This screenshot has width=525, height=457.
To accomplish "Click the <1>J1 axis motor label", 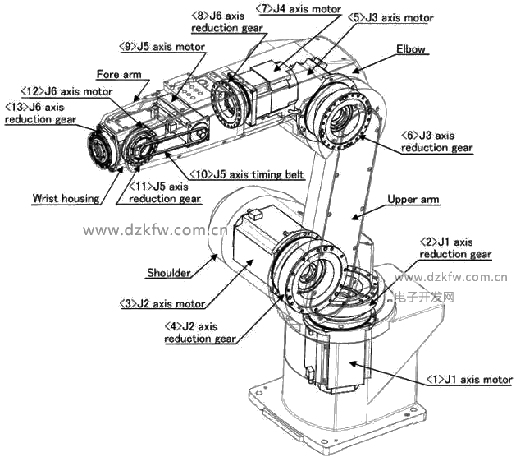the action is pyautogui.click(x=469, y=380).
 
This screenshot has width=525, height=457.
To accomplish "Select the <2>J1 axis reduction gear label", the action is pyautogui.click(x=455, y=248).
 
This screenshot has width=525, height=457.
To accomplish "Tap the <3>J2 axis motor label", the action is pyautogui.click(x=162, y=303).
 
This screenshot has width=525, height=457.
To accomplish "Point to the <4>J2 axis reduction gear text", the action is pyautogui.click(x=200, y=333).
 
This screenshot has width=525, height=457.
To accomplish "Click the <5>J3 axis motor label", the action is pyautogui.click(x=390, y=18).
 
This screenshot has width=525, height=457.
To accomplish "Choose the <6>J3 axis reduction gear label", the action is pyautogui.click(x=437, y=141).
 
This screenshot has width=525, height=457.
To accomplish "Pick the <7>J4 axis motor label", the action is pyautogui.click(x=299, y=9).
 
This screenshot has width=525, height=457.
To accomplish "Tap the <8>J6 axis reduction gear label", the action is pyautogui.click(x=227, y=22).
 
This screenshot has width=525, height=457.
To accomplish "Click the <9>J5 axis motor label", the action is pyautogui.click(x=162, y=47).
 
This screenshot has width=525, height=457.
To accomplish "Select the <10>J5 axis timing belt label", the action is pyautogui.click(x=247, y=174).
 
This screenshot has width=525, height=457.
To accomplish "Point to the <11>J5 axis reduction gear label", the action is pyautogui.click(x=165, y=192).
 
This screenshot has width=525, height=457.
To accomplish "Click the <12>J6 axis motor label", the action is pyautogui.click(x=66, y=91).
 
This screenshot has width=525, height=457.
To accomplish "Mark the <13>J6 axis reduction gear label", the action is pyautogui.click(x=40, y=113).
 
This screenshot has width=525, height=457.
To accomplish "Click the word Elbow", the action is pyautogui.click(x=411, y=49).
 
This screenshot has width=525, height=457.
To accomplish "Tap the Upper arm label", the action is pyautogui.click(x=413, y=199).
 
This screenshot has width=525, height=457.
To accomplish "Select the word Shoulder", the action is pyautogui.click(x=169, y=273).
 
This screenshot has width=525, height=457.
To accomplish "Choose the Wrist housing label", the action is pyautogui.click(x=66, y=198).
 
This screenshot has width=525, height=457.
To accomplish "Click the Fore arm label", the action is pyautogui.click(x=119, y=74).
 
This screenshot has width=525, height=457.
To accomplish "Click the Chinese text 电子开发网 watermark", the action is pyautogui.click(x=425, y=298).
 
